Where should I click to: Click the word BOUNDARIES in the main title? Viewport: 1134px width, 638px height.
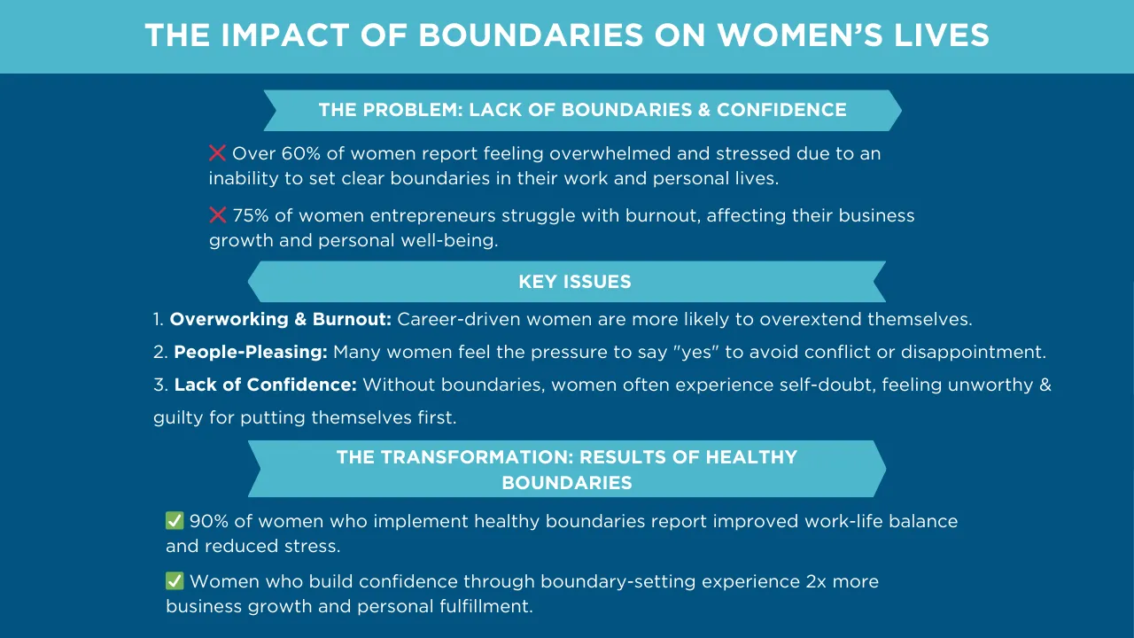pos(531,35)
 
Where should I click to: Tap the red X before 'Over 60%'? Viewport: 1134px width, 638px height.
pos(217,153)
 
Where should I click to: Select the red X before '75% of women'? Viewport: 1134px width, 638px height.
pos(218,215)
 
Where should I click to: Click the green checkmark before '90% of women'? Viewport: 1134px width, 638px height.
pos(175,520)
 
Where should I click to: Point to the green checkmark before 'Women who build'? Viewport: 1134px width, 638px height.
pos(175,580)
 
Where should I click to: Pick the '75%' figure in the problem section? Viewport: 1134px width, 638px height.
pos(250,215)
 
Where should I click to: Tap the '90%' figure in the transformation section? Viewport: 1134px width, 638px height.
pos(208,521)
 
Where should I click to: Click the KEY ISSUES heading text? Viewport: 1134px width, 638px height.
pos(575,282)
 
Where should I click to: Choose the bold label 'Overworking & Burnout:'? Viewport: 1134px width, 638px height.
pos(281,319)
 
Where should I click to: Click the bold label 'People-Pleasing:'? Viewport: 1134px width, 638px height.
pos(251,353)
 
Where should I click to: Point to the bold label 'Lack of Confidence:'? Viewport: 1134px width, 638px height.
pos(265,385)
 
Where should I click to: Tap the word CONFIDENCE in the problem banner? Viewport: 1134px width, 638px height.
pos(781,110)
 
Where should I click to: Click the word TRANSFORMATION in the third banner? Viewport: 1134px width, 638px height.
pos(477,457)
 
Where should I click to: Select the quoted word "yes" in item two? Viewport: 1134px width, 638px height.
pos(696,352)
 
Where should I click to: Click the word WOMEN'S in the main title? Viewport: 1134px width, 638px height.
pos(800,35)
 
